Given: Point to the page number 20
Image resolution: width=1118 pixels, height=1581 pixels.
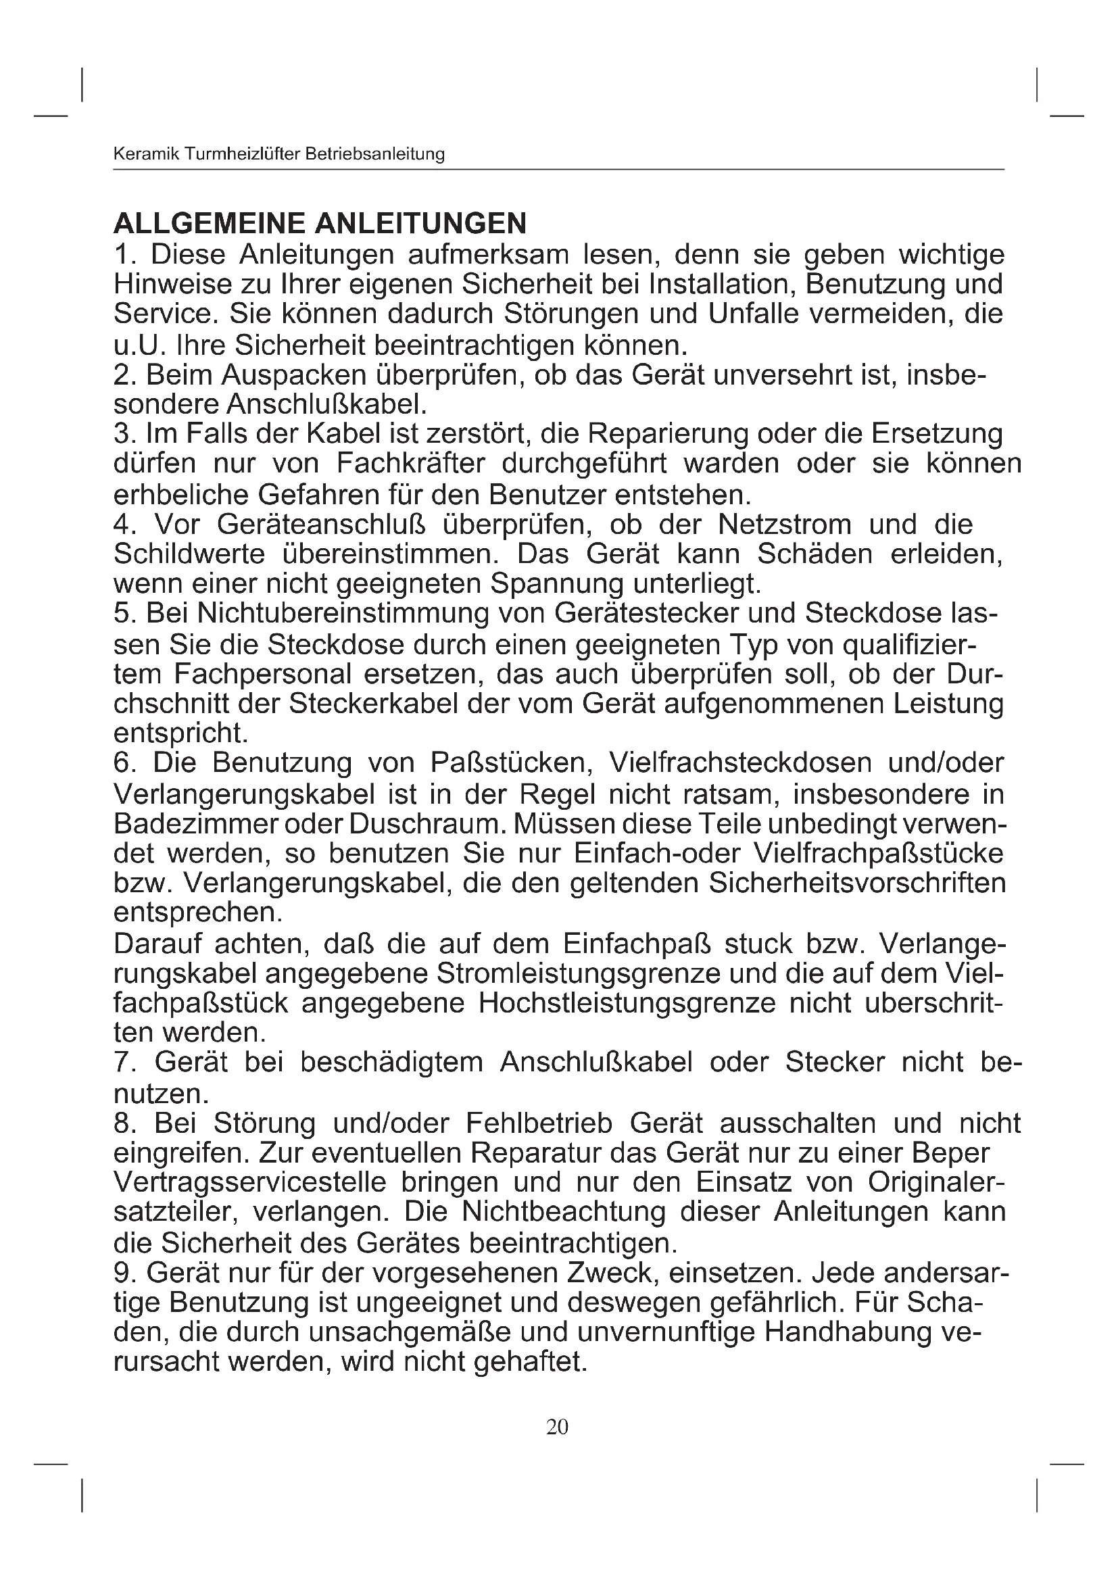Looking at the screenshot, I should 557,1427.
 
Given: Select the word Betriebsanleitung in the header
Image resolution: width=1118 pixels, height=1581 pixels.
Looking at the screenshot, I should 374,154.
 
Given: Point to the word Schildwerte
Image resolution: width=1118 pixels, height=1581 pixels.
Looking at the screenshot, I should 189,554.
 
